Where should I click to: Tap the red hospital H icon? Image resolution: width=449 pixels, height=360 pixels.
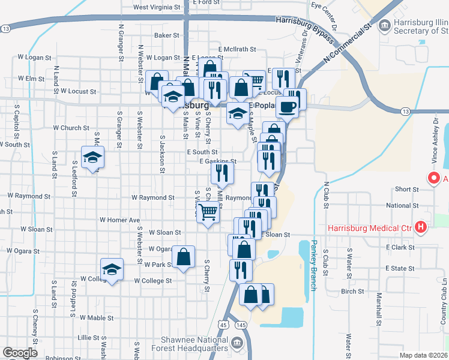(x=421, y=227)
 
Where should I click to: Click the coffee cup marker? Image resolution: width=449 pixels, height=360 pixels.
(x=287, y=107)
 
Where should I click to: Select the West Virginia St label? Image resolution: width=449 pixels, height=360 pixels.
(x=157, y=8)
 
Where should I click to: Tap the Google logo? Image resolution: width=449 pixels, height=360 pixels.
(x=19, y=353)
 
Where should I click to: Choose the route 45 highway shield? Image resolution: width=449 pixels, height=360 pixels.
(x=223, y=325)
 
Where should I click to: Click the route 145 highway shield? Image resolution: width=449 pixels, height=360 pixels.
(x=241, y=325)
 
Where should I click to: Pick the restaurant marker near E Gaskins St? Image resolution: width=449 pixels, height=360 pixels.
(x=222, y=173)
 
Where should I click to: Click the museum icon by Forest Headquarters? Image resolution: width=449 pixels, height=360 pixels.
(x=237, y=344)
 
